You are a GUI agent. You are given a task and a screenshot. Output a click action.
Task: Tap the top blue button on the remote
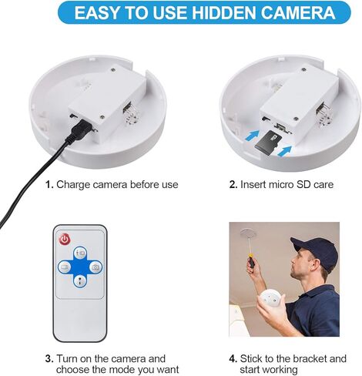click(79, 252)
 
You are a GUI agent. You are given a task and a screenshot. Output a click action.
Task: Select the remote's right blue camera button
click(96, 267)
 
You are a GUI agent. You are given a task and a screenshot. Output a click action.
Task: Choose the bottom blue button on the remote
click(79, 282)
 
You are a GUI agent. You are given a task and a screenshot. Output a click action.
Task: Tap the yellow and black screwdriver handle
click(250, 261)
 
